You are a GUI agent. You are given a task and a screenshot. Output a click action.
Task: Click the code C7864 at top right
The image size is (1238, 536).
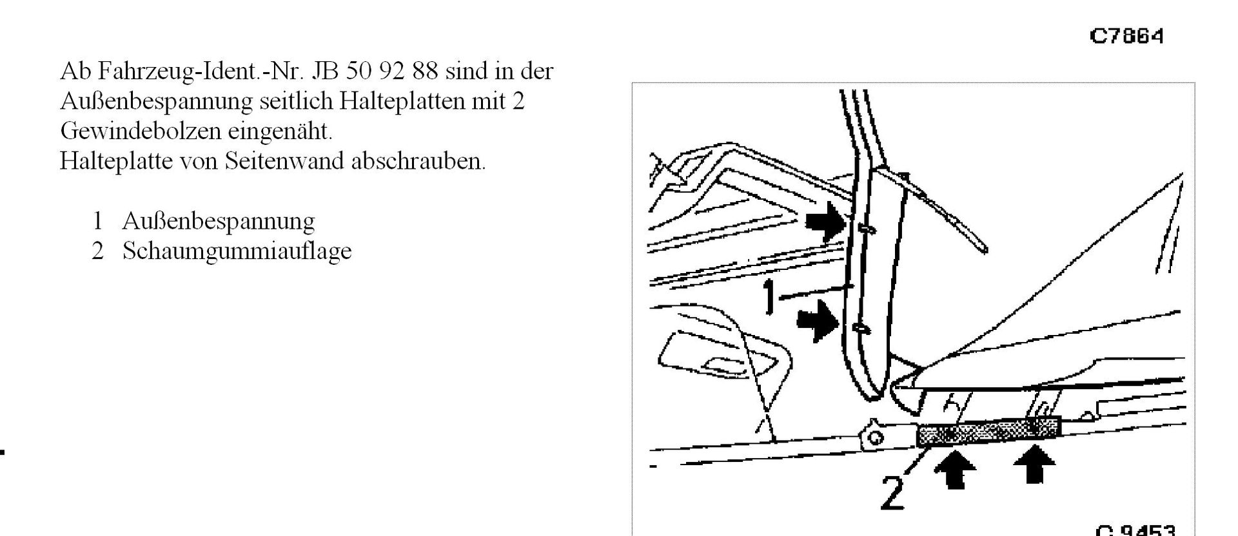coord(1126,36)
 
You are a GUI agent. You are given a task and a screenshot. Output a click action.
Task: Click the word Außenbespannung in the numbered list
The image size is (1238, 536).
coord(218,221)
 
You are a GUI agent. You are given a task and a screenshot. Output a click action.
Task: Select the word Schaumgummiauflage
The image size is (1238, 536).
coord(237,251)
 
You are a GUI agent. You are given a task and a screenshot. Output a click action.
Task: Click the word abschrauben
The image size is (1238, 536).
coord(418,160)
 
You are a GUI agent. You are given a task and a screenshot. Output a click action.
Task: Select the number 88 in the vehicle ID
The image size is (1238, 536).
coord(425,72)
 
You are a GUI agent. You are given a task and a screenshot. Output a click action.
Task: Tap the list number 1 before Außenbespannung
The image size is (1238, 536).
coord(97,221)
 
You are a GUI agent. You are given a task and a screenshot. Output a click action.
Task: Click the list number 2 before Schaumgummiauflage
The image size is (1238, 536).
coord(97,251)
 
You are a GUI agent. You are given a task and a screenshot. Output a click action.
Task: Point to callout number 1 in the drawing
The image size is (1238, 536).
coord(768,298)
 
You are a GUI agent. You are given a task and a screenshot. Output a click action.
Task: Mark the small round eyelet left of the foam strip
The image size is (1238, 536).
coord(875,438)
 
